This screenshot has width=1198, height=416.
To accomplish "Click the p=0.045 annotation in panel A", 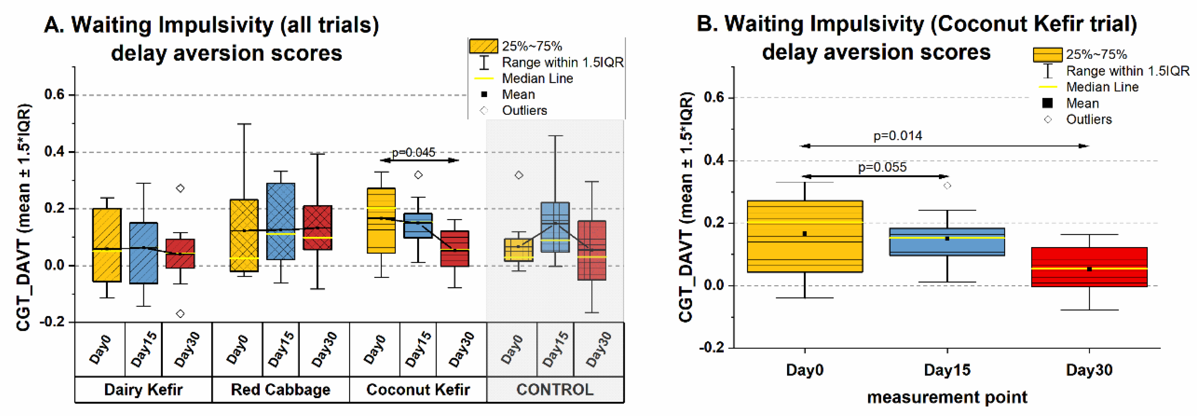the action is (x=413, y=152).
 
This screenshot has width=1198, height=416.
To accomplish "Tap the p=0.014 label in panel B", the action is (x=898, y=136).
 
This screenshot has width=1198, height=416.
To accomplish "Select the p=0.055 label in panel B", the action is (x=882, y=167).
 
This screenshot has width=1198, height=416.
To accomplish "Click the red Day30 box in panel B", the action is (x=1089, y=267).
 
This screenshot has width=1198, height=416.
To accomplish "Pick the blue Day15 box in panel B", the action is (x=947, y=242).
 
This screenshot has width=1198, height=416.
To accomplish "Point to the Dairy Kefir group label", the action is (x=143, y=389).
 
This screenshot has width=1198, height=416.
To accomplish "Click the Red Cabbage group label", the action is (x=281, y=389).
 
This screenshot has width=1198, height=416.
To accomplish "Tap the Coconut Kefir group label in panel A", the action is (x=418, y=389).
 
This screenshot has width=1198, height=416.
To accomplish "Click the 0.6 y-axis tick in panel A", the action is (x=54, y=94).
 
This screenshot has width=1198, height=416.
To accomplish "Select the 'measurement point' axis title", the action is (x=947, y=398).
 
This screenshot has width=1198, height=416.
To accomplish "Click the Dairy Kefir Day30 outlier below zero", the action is (x=180, y=314).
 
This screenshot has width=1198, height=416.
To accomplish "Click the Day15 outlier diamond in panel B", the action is (x=947, y=186).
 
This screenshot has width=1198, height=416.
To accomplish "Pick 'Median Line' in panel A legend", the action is (x=537, y=79).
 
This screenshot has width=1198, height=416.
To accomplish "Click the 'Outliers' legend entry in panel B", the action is (x=1089, y=119).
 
